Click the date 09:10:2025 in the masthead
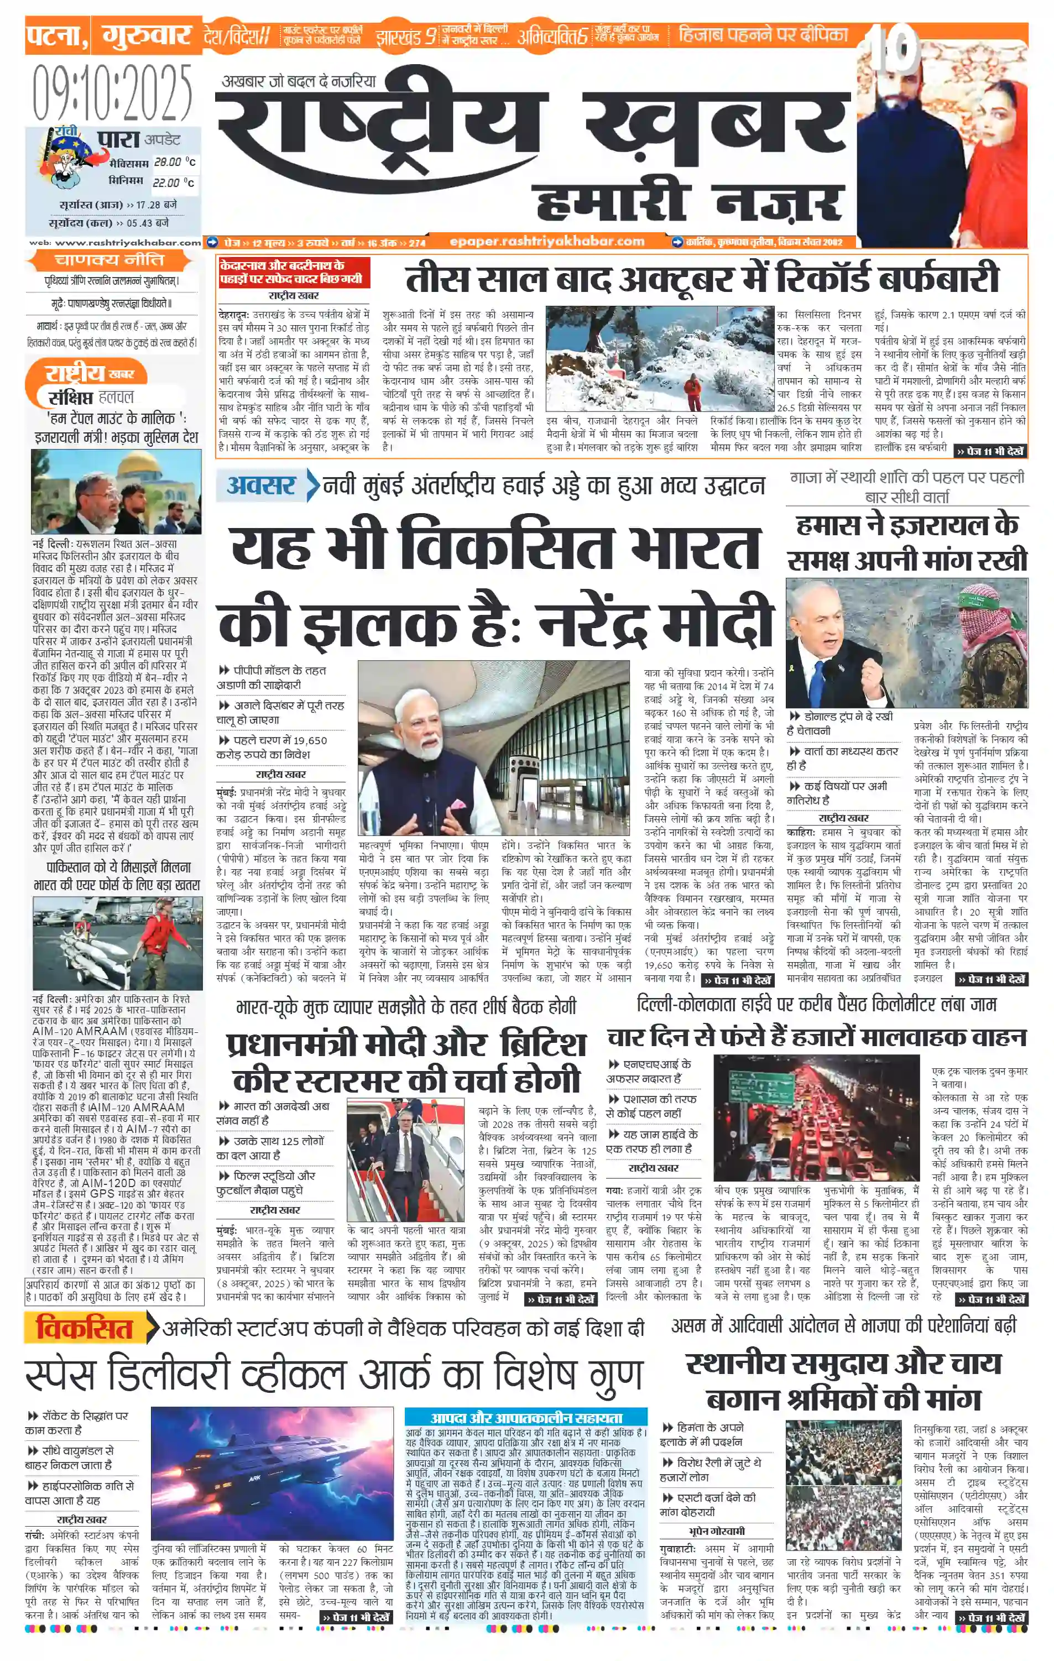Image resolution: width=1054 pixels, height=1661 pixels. [112, 92]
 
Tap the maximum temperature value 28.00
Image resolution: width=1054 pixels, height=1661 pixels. [167, 162]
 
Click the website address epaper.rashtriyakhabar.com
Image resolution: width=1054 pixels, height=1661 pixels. [547, 242]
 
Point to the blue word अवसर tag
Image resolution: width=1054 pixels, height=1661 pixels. [261, 485]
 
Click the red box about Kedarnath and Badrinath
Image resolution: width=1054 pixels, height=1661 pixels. [294, 273]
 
